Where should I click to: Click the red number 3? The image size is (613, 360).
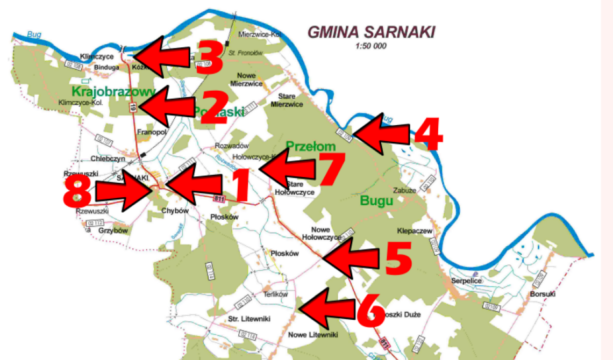pyautogui.click(x=209, y=60)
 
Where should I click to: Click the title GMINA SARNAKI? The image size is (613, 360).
pyautogui.click(x=370, y=32)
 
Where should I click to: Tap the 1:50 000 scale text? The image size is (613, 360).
pyautogui.click(x=370, y=46)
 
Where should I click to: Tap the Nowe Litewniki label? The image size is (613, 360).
pyautogui.click(x=313, y=335)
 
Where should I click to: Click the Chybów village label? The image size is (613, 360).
pyautogui.click(x=175, y=211)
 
